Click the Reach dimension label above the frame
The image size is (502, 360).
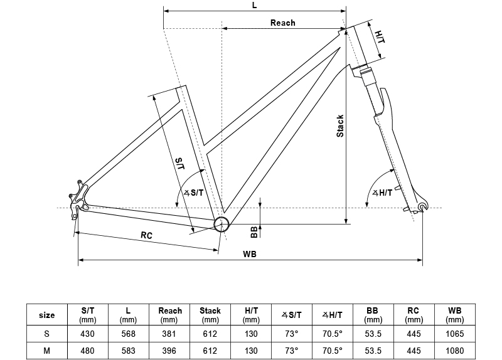click(282, 23)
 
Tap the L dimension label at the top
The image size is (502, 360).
click(254, 5)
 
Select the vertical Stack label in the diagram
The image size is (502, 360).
click(340, 126)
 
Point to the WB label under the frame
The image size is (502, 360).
click(249, 254)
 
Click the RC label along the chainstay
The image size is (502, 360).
click(146, 235)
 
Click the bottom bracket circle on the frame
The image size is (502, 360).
click(221, 225)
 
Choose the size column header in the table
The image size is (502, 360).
click(47, 315)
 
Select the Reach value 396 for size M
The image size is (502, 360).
click(169, 351)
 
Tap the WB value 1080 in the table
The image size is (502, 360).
click(455, 351)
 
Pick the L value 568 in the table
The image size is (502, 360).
click(128, 334)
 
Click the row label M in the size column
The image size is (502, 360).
click(47, 351)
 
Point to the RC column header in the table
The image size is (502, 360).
click(414, 310)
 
